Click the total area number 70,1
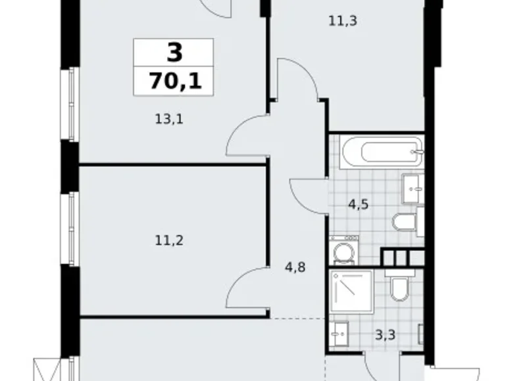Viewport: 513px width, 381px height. coord(173,81)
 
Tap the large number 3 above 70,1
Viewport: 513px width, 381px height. coord(173,53)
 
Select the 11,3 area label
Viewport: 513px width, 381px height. coord(342,21)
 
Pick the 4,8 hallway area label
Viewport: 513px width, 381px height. coord(296,267)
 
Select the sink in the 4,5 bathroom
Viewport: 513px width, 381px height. coord(413,188)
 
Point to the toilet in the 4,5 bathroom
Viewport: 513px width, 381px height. coord(404,221)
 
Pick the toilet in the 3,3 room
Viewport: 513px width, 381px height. coord(399,288)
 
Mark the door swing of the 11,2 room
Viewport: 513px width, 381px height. coord(247,289)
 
